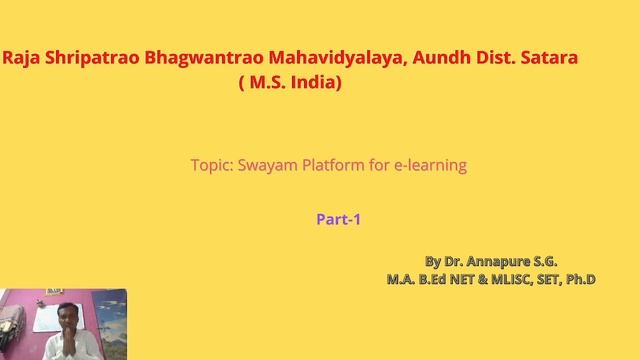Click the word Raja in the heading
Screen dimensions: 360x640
pos(21,61)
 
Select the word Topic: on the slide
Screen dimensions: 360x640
pos(212,165)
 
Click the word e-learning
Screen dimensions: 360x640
pos(431,165)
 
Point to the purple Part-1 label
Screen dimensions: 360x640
pos(337,220)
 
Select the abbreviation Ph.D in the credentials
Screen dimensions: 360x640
pos(579,280)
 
